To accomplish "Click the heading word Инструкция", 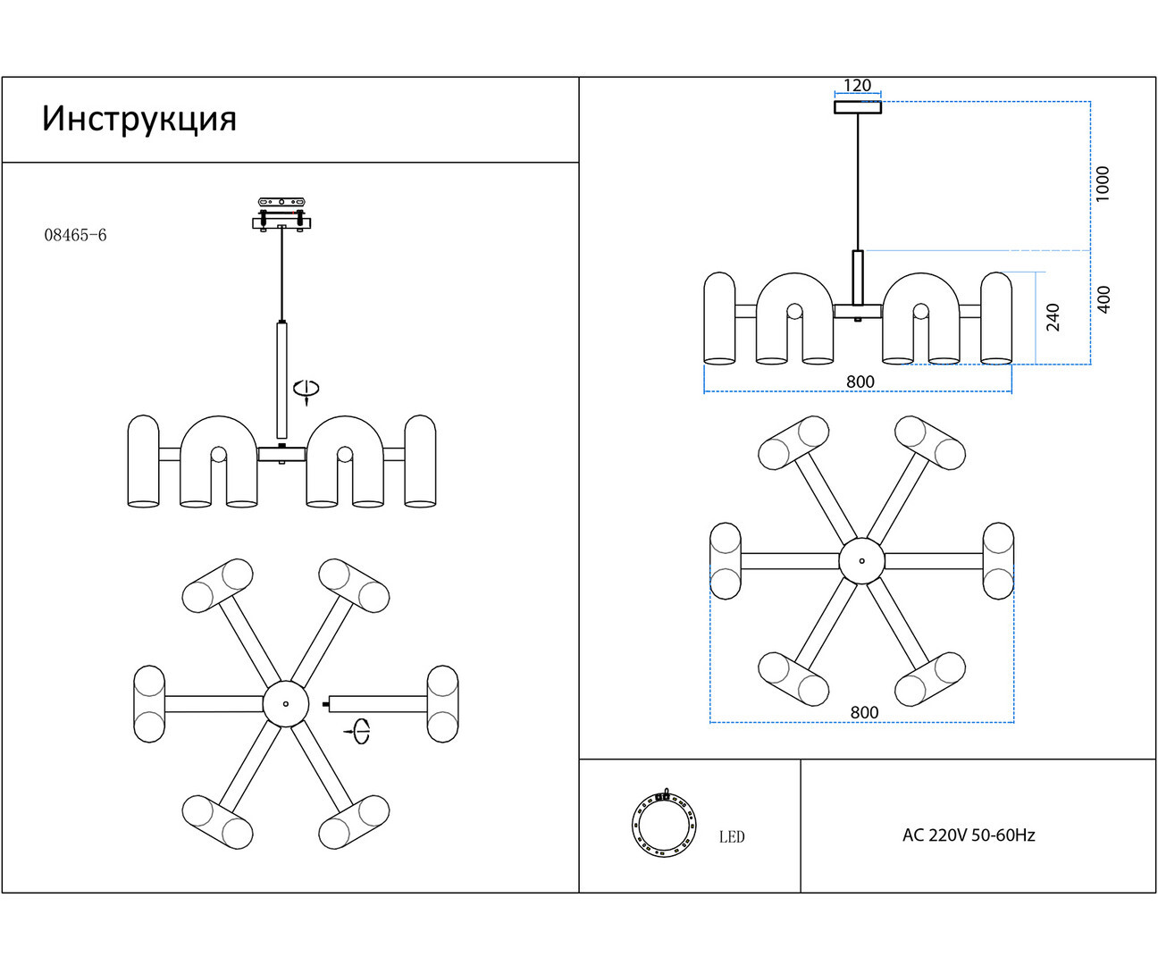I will click(x=139, y=119).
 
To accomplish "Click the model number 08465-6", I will click(x=75, y=235).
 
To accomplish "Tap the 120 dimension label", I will click(x=857, y=86).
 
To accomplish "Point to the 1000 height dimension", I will click(x=1103, y=183).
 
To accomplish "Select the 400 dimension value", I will click(x=1104, y=299).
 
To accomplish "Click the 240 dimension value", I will click(x=1053, y=317).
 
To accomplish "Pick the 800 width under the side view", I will click(x=860, y=382).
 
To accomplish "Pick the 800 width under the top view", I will click(x=864, y=712).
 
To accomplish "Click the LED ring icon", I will click(x=662, y=823).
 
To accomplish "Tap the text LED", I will click(x=732, y=837).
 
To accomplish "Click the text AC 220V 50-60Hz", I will click(x=969, y=835).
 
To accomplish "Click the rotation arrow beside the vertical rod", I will click(x=306, y=390).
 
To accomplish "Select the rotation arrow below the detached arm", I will click(x=358, y=730).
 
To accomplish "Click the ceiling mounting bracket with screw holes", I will click(x=282, y=202).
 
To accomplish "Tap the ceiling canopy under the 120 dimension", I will click(x=858, y=108).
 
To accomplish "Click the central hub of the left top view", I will click(x=286, y=704).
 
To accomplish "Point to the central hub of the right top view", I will click(x=861, y=561).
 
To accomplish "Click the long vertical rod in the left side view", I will click(x=281, y=380).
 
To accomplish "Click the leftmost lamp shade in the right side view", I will click(x=719, y=318).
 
